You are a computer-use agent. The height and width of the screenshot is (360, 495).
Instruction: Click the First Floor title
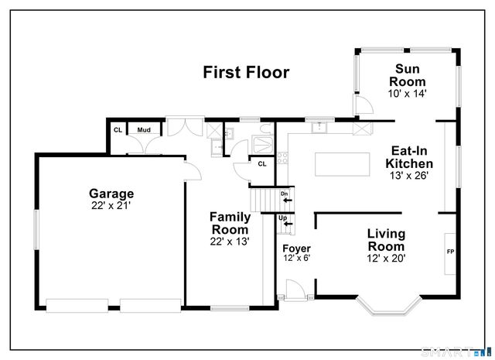click(246, 73)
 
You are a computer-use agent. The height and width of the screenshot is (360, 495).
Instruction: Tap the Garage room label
click(111, 194)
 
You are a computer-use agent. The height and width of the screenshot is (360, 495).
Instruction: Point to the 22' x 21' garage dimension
click(111, 206)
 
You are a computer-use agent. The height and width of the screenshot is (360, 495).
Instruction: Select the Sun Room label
click(408, 75)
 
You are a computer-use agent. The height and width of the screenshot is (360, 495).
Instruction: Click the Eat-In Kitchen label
click(409, 157)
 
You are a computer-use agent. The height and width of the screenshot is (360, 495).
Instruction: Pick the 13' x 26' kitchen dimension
click(409, 176)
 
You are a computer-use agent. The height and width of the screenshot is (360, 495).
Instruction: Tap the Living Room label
click(386, 239)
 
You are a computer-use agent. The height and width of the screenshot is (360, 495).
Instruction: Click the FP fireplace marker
click(450, 252)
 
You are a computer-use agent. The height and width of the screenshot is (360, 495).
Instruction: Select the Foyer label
click(295, 249)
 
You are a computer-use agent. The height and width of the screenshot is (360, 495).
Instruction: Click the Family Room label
click(230, 224)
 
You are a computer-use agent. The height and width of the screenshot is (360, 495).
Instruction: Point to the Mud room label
click(144, 130)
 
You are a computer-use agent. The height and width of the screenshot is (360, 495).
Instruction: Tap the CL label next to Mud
click(118, 130)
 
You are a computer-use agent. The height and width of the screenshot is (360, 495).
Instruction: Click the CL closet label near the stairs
click(261, 163)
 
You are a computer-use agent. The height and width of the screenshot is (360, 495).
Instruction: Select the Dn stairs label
click(284, 194)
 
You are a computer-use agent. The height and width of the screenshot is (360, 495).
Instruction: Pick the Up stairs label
click(283, 218)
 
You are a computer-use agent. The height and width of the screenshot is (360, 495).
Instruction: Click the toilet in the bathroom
click(265, 130)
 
